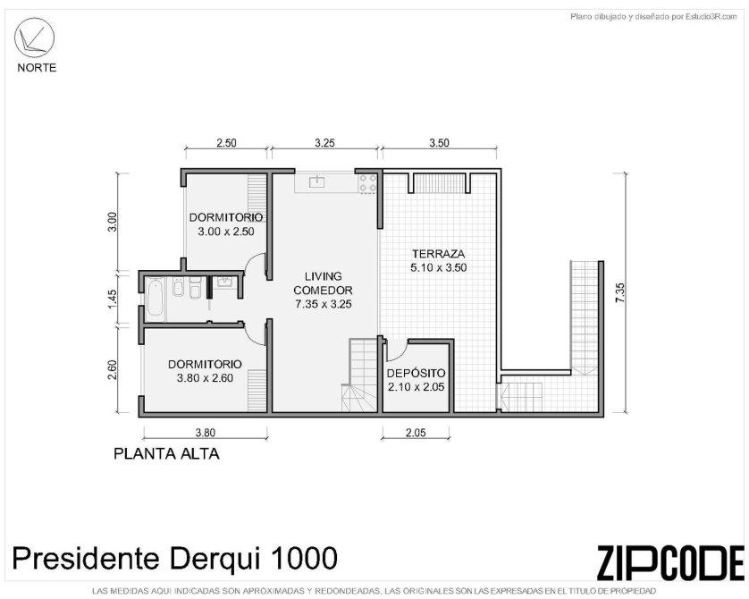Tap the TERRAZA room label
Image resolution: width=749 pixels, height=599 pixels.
coord(439,254)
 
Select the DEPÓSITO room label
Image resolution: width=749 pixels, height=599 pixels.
coord(416,373)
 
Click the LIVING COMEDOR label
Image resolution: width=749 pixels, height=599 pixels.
coord(324,283)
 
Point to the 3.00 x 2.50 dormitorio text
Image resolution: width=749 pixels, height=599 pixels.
coord(226,232)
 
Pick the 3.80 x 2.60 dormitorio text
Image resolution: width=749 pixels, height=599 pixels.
coord(205,378)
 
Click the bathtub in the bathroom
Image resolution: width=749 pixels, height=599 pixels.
coord(155,298)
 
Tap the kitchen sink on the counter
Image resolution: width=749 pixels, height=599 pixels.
coord(316,181)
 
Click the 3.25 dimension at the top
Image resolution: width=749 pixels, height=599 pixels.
coord(324,143)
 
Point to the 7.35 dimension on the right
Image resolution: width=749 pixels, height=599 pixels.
coord(620,292)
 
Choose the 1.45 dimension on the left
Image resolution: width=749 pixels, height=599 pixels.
coord(113,299)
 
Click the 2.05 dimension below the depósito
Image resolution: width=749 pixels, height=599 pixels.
coord(416,433)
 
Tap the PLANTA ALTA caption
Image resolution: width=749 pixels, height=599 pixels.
coord(166,454)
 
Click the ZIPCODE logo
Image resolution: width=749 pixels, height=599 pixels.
coord(670,562)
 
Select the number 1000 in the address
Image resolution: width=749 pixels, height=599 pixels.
coord(304,558)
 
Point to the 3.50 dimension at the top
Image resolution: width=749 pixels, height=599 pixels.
coord(439,143)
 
